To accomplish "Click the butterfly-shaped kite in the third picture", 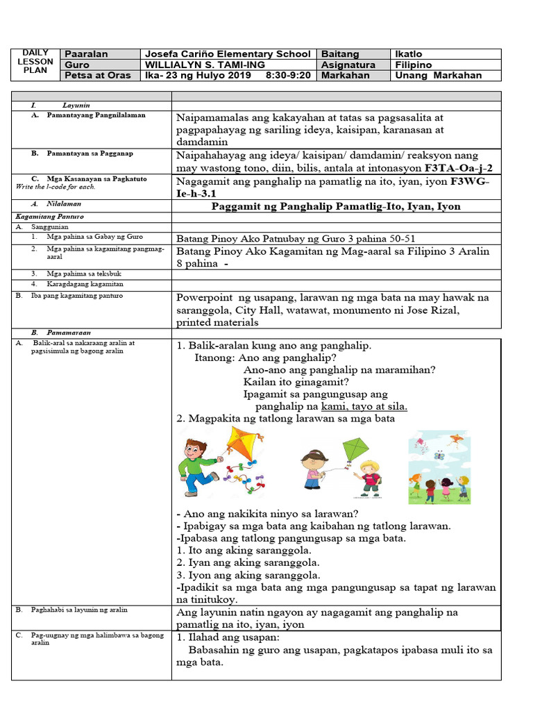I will point(439,455).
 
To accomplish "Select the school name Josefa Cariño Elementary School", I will point(227,54).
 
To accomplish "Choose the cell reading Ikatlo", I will point(408,54).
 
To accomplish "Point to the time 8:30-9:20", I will point(288,75).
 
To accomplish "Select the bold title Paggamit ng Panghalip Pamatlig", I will point(336,206).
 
